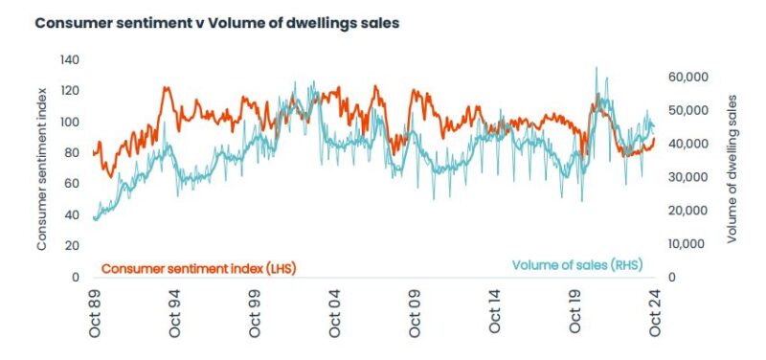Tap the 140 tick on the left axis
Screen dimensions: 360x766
(69, 59)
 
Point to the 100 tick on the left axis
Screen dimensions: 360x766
(69, 122)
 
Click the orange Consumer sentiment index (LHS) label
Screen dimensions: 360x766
(198, 269)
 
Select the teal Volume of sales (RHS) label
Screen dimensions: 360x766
(577, 265)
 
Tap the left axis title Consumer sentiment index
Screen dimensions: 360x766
(43, 169)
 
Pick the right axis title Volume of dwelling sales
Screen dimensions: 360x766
(734, 169)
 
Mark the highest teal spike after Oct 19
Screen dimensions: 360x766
(597, 68)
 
